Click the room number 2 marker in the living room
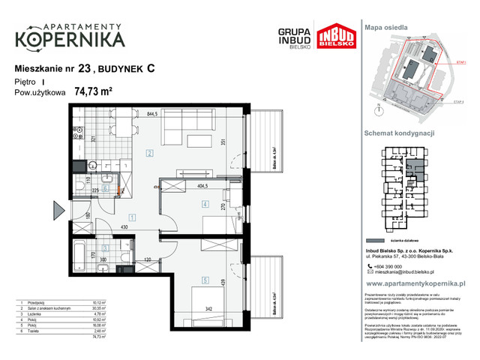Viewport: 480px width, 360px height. [x=149, y=154]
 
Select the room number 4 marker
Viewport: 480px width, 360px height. [x=203, y=204]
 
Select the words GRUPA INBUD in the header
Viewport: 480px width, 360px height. [x=294, y=34]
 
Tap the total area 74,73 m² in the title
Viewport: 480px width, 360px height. [x=94, y=92]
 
